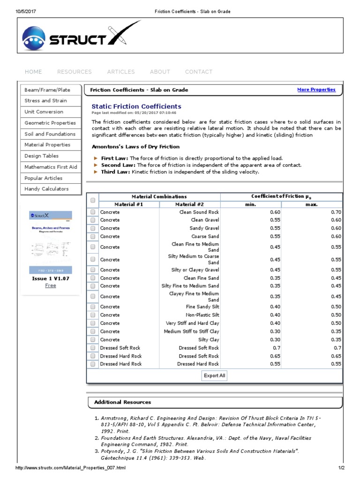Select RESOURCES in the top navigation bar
[x=75, y=72]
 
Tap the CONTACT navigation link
[x=199, y=72]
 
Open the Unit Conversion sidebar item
[x=44, y=112]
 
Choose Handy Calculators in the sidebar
[x=46, y=189]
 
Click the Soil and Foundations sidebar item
[x=50, y=134]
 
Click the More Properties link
[x=316, y=90]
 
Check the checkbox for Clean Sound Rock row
[x=93, y=212]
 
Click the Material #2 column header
[x=189, y=204]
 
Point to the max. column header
[x=311, y=204]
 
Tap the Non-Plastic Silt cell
[x=202, y=315]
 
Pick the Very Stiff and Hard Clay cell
[x=192, y=323]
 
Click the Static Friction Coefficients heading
[x=136, y=106]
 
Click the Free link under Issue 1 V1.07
[x=50, y=285]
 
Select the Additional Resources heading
[x=122, y=402]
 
